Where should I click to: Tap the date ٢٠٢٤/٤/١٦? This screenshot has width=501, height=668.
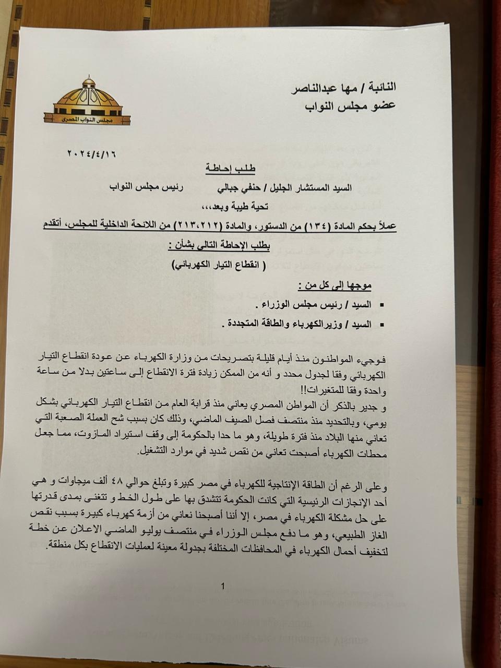coord(92,154)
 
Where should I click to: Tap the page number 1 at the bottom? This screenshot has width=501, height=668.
coord(223,587)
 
